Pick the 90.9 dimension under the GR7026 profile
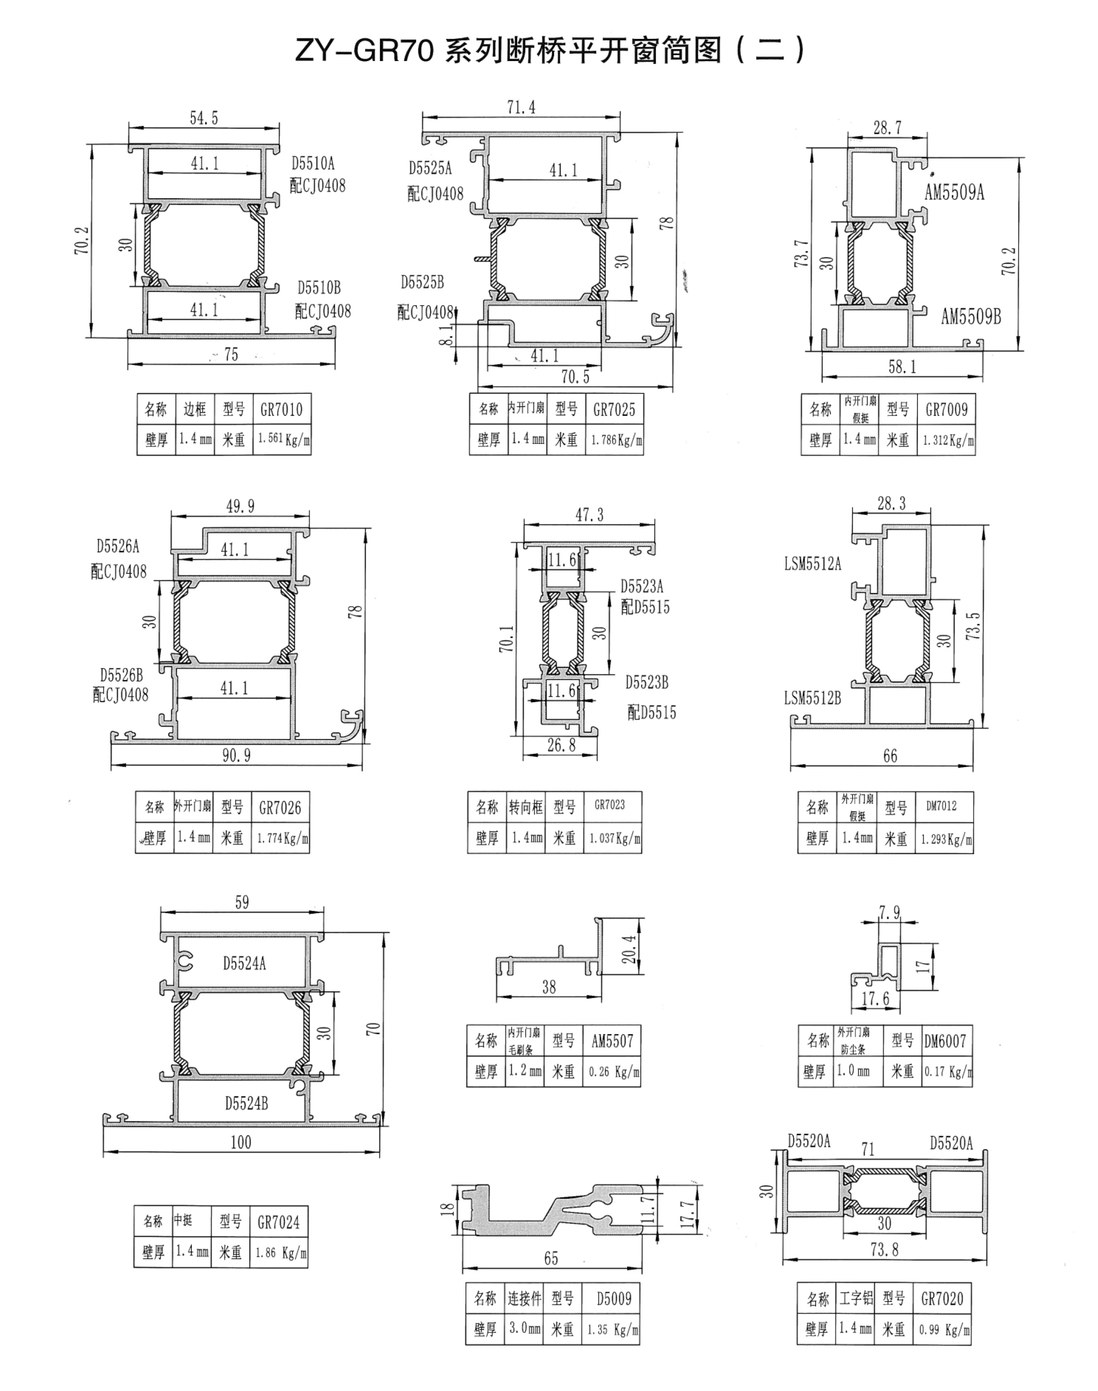pos(237,756)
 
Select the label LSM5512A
pos(813,564)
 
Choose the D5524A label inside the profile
pos(244,963)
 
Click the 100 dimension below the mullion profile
pos(241,1142)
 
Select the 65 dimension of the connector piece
pos(551,1258)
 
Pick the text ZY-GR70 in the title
pos(365,50)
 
